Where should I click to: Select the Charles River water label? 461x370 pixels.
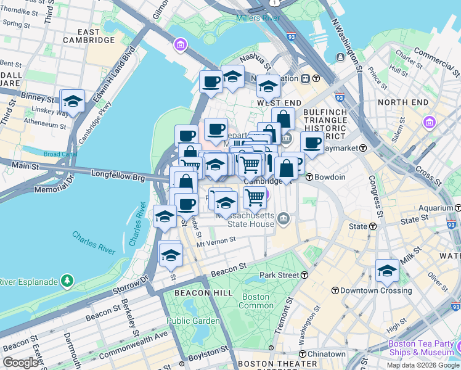coord(93,242)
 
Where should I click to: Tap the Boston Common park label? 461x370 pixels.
coord(256,301)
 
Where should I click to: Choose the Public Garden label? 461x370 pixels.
coord(193,321)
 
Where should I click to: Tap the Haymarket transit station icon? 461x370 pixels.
coord(364,148)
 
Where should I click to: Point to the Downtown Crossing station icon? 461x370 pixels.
coord(335,290)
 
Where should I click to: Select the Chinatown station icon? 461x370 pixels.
coord(303,354)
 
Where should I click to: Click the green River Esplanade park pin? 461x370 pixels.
coord(67,282)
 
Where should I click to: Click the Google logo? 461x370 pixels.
coord(20,362)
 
